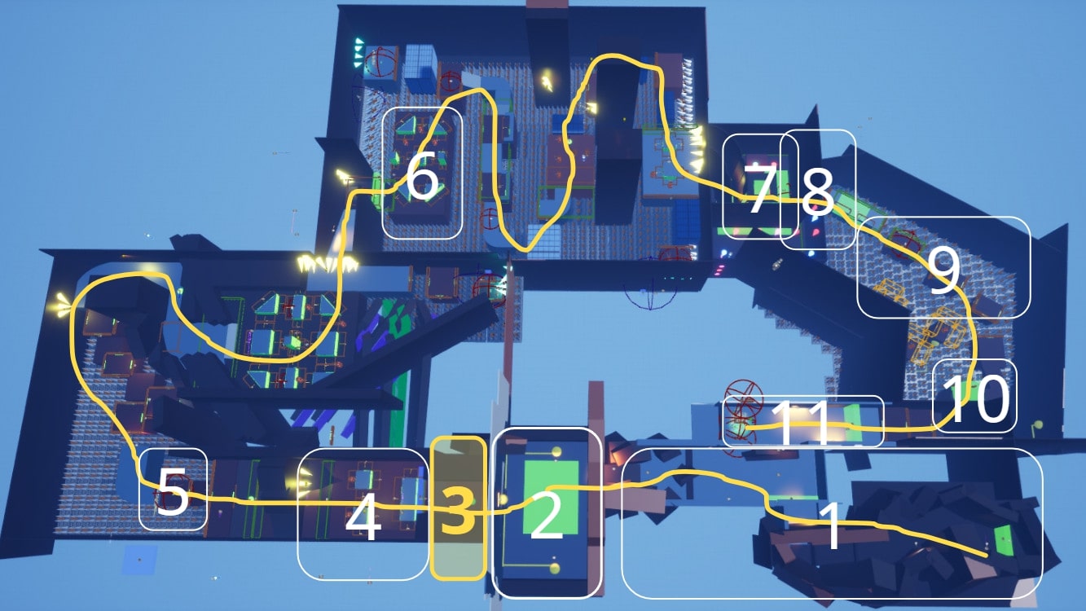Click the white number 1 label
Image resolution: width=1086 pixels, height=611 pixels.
point(829,525)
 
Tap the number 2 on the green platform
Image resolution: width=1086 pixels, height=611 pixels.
point(547,517)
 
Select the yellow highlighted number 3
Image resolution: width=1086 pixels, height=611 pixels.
point(457,509)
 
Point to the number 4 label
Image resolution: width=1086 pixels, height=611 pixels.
point(363,520)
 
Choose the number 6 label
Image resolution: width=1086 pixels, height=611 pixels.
point(422,179)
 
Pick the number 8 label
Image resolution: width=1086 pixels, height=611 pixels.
point(818,194)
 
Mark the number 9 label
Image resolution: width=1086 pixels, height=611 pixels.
point(943,273)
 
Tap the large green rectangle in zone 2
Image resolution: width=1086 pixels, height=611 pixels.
point(551,497)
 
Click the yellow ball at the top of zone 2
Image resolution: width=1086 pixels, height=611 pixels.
point(556,452)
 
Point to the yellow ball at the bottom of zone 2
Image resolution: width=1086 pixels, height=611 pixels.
point(555,569)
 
